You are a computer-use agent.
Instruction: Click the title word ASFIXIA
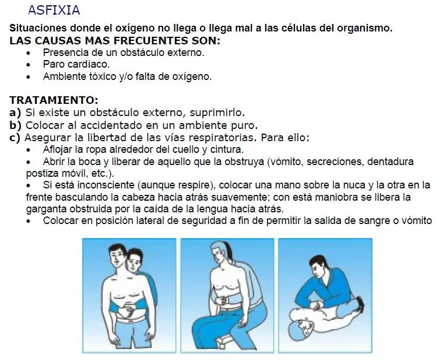(54, 11)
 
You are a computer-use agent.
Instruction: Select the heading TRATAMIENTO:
(54, 100)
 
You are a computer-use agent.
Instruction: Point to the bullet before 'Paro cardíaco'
(29, 65)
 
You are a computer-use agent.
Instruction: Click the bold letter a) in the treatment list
(15, 113)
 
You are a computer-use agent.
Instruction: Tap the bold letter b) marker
(15, 125)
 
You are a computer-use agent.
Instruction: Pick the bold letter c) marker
(15, 138)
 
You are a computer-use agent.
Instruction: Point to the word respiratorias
(220, 138)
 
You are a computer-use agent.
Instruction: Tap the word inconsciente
(107, 185)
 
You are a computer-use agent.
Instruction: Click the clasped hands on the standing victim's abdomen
(128, 311)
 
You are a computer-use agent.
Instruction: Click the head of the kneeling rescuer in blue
(319, 269)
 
